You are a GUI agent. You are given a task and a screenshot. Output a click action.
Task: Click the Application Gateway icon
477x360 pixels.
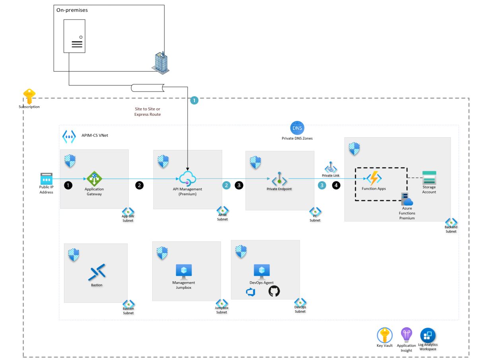pos(94,179)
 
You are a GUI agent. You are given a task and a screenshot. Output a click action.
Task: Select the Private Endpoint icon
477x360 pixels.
pos(279,179)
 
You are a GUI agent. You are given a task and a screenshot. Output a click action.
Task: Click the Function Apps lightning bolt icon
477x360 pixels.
pos(374,179)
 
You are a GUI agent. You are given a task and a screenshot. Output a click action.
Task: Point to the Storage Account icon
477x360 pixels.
pos(429,178)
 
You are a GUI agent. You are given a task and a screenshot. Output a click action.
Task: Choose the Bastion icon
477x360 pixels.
pos(97,272)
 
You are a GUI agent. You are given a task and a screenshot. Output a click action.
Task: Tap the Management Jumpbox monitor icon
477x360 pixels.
pos(184,271)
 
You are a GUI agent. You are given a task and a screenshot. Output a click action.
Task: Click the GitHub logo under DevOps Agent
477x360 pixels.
pos(274,291)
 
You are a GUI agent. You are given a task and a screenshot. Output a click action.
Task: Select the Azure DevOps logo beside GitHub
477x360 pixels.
pos(251,292)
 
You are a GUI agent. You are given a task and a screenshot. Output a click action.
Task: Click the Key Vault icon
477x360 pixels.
pos(384,335)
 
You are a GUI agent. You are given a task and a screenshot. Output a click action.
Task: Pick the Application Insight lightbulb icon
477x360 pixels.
pos(406,335)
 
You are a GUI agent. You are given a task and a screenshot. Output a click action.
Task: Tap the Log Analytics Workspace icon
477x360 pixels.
pos(428,335)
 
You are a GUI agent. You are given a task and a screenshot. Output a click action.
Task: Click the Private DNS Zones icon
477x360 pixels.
pos(297,128)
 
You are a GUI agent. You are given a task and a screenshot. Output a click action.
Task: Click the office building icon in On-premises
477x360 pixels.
pos(161,62)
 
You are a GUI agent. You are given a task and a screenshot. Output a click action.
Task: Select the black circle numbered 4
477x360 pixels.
pos(336,185)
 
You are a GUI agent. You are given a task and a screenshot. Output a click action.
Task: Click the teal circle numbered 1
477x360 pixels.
pos(194,101)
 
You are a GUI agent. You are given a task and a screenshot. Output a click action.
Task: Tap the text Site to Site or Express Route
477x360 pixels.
pos(147,111)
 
